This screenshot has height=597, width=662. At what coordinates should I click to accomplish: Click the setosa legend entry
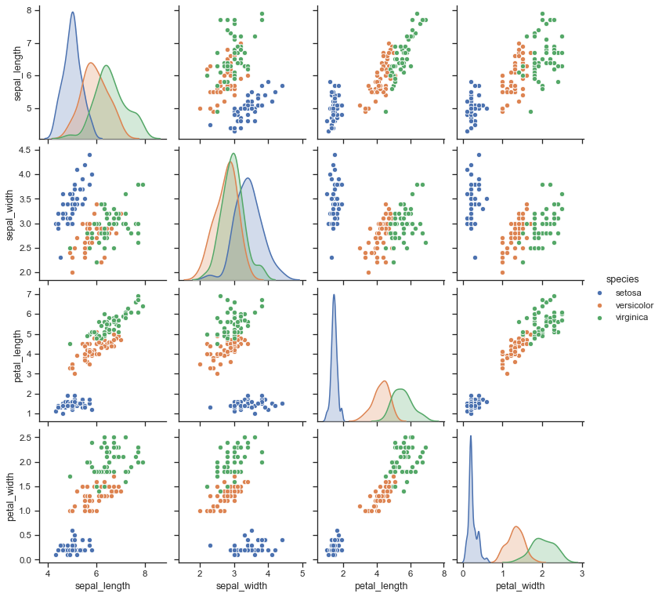coord(628,293)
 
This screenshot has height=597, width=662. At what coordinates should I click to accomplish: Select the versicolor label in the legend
coord(635,305)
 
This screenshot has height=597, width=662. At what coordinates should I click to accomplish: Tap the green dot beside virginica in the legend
coord(601,318)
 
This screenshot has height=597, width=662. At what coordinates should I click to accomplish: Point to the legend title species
coord(621,278)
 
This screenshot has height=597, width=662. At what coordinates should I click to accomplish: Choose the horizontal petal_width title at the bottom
coord(521,585)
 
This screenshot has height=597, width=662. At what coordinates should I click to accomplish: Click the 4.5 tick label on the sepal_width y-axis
coord(34,150)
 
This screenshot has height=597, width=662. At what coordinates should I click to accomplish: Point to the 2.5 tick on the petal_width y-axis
coord(34,437)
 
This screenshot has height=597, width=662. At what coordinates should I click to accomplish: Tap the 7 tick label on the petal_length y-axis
coord(38,294)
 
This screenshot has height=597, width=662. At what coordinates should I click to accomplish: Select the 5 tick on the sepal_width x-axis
coord(303,573)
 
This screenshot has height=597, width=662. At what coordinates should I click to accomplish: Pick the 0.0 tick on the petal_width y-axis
coord(34,560)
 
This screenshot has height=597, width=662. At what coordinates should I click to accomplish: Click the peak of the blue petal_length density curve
coord(335,295)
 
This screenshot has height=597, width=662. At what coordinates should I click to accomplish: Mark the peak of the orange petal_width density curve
coord(517,526)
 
